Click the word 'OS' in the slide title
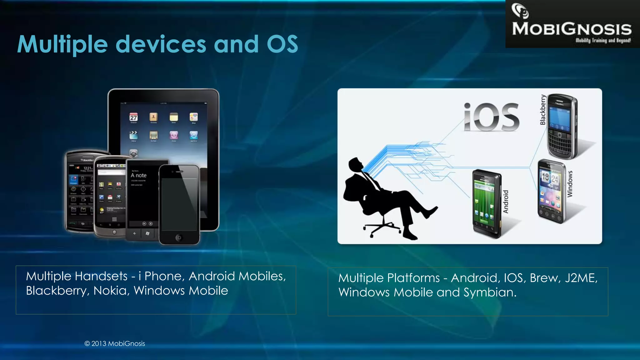[x=282, y=44]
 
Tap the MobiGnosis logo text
[x=572, y=29]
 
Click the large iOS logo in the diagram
[x=492, y=117]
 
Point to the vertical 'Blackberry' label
[x=543, y=110]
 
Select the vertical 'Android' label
[x=506, y=202]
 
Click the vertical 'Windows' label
[x=570, y=184]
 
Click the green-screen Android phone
[x=486, y=203]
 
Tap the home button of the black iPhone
[x=179, y=237]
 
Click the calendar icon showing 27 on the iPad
[x=133, y=117]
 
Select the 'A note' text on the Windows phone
[x=138, y=175]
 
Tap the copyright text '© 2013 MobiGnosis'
[x=115, y=343]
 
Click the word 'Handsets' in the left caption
[x=101, y=276]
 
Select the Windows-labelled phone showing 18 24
[x=552, y=191]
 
